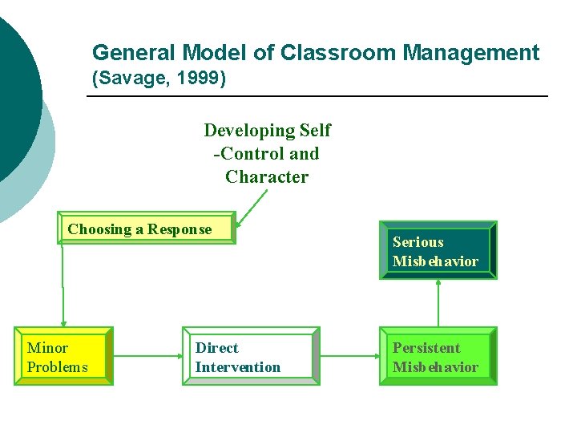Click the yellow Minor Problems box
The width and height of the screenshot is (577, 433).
coord(63,356)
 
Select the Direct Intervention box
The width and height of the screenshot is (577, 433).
coord(251,356)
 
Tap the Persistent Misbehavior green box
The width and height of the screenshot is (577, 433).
coord(438,356)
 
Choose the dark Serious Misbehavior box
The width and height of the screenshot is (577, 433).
coord(438,250)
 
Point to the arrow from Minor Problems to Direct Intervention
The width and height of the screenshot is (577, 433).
coord(147,356)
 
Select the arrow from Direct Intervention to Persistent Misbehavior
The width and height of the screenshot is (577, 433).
coord(349,356)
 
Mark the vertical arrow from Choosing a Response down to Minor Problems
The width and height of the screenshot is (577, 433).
coord(63,285)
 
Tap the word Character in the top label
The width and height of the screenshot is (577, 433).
coord(267,177)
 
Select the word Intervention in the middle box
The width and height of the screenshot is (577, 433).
coord(238,367)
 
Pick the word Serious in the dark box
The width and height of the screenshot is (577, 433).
coord(418,242)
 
